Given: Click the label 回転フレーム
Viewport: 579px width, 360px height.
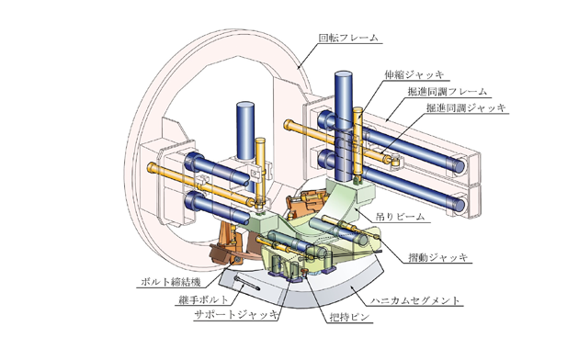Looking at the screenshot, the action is pyautogui.click(x=348, y=38).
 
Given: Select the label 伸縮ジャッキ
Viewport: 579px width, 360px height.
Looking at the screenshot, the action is pyautogui.click(x=414, y=75).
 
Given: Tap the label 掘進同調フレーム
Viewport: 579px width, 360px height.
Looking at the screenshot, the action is pyautogui.click(x=448, y=92).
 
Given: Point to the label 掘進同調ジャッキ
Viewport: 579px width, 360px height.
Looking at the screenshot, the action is pyautogui.click(x=466, y=107).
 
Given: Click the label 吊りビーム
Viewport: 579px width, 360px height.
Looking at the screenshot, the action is pyautogui.click(x=401, y=217).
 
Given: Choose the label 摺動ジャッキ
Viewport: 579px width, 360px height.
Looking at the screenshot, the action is pyautogui.click(x=438, y=257).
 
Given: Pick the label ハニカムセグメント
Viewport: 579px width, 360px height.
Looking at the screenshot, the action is pyautogui.click(x=415, y=300).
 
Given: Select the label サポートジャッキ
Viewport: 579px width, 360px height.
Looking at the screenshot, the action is pyautogui.click(x=236, y=315).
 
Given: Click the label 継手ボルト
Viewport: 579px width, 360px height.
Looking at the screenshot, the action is pyautogui.click(x=204, y=300).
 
